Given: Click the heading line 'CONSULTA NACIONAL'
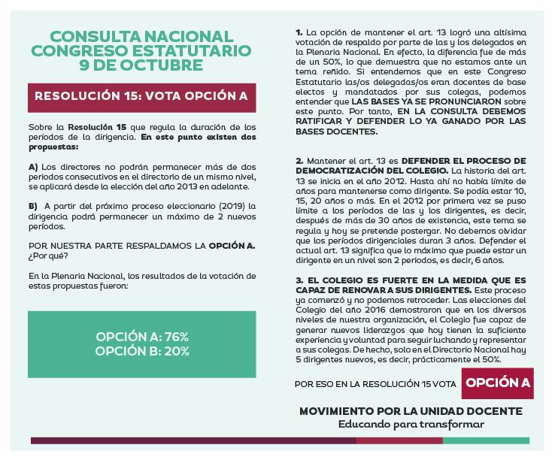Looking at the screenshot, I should pyautogui.click(x=141, y=37).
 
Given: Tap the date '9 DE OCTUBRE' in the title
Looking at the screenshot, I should pyautogui.click(x=141, y=65).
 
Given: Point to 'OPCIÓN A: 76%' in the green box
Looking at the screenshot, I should pyautogui.click(x=142, y=336).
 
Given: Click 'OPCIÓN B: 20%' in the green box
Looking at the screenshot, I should pyautogui.click(x=142, y=350).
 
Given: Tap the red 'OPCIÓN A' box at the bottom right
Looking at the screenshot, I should pyautogui.click(x=498, y=383).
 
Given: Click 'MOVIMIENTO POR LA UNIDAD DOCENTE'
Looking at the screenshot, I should pyautogui.click(x=411, y=411).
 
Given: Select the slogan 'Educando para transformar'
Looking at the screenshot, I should pyautogui.click(x=411, y=424).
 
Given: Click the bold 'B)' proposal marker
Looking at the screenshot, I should pyautogui.click(x=33, y=206).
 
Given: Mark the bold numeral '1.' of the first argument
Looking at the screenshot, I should pyautogui.click(x=299, y=34).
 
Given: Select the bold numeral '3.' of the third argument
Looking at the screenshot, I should pyautogui.click(x=299, y=280).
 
